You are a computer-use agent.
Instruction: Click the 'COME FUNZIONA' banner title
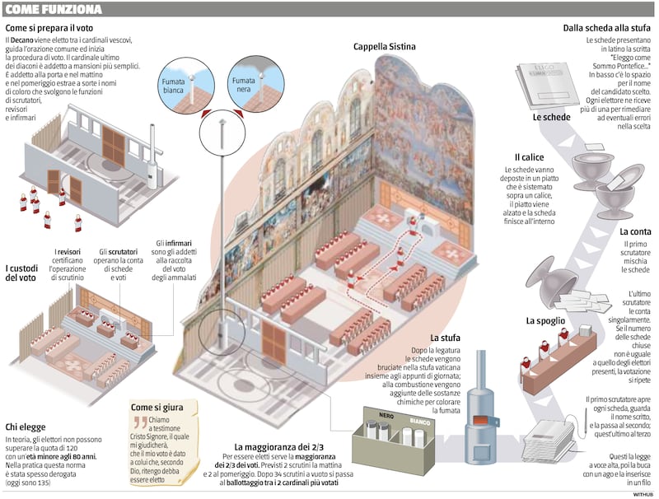(x=54, y=9)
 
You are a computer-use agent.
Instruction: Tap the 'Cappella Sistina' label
(x=384, y=47)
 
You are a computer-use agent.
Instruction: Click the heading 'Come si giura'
(x=157, y=407)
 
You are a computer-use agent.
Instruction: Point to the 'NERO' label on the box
(x=386, y=415)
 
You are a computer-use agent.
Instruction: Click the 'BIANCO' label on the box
(x=420, y=421)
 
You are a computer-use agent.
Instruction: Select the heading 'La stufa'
(x=445, y=338)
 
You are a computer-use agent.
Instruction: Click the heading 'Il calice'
(x=529, y=157)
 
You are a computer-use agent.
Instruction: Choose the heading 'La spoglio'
(x=545, y=321)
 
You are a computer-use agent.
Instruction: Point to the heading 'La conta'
(x=635, y=231)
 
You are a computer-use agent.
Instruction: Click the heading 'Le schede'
(x=551, y=117)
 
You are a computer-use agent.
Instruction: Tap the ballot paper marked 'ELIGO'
(x=548, y=85)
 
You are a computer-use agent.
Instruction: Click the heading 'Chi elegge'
(x=26, y=427)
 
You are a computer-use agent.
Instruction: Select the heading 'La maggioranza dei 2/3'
(x=278, y=447)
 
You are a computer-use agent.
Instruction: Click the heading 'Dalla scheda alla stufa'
(x=607, y=28)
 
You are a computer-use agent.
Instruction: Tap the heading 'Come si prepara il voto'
(x=49, y=28)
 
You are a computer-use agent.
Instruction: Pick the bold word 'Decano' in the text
(x=21, y=40)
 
